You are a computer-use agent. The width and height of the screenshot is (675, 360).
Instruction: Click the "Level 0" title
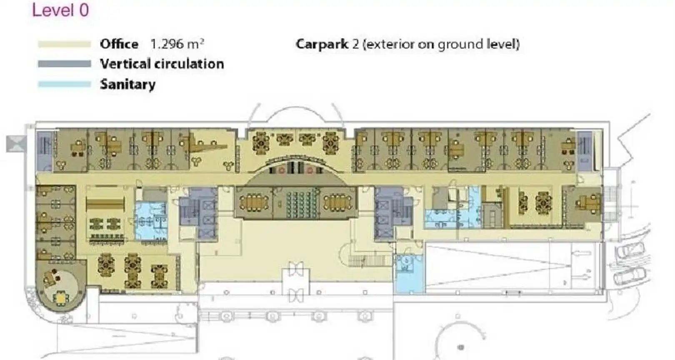coord(60,10)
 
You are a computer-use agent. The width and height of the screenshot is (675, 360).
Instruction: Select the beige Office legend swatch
coord(65,44)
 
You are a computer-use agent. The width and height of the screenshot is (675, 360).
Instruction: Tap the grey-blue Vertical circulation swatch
coord(65,64)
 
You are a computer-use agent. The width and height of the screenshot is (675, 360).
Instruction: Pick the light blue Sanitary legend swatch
coord(65,84)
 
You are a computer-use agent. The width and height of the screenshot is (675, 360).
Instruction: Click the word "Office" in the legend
coord(119,44)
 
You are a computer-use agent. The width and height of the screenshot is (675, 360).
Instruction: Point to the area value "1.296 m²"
coord(177,44)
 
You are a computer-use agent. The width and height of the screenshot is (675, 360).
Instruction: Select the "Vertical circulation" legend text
coord(162,64)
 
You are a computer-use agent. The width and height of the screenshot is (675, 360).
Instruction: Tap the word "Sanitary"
coord(128,85)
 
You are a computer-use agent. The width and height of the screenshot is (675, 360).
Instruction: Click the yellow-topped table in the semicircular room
coord(61,298)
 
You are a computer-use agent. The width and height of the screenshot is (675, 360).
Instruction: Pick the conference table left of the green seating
coord(254,202)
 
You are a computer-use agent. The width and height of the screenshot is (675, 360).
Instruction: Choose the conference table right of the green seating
coord(337,202)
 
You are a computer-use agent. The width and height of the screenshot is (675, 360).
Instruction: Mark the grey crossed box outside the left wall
coord(17,144)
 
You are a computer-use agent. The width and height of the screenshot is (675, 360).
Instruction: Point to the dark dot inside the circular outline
coord(460,347)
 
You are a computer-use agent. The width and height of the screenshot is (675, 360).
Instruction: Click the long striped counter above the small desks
coord(105,204)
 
